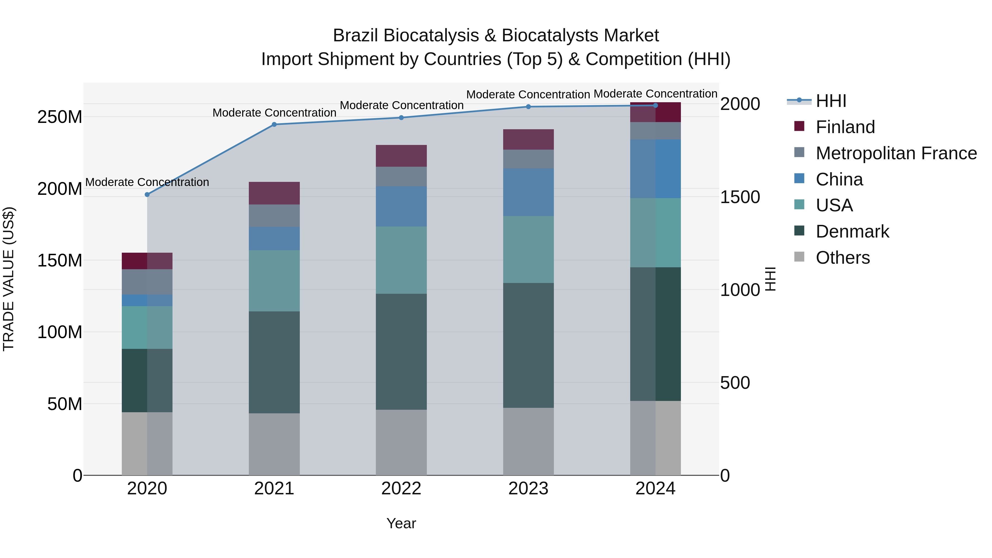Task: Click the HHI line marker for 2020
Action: tap(147, 195)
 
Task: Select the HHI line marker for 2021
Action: tap(274, 124)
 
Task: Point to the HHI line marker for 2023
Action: tap(528, 107)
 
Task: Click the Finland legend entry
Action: tap(845, 127)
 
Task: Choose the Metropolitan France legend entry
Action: tap(896, 153)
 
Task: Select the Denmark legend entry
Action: tap(852, 231)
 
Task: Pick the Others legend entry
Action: tap(843, 258)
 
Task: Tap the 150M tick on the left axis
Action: tap(60, 261)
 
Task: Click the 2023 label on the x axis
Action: tap(528, 489)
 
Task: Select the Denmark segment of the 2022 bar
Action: tap(401, 352)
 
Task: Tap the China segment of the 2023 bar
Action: tap(528, 192)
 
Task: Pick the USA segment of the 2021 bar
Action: tap(274, 281)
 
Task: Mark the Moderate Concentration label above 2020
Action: tap(147, 182)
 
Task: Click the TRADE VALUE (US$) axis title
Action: tap(9, 279)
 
